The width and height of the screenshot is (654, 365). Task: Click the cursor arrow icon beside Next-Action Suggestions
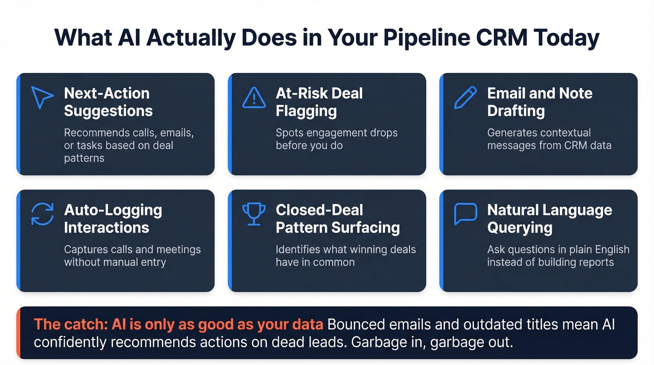coord(42,97)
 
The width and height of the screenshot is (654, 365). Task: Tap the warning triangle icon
coord(254,97)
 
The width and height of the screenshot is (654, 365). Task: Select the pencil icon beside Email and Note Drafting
coord(465,97)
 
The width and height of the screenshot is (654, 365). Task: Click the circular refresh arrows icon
coord(42,214)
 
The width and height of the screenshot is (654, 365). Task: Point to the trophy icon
coord(254,214)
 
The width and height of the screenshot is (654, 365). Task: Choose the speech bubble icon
coord(465,214)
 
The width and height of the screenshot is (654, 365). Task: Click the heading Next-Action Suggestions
coord(108,102)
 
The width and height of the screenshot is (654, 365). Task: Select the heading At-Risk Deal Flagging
coord(319,102)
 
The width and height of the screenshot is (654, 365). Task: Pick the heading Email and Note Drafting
coord(540,102)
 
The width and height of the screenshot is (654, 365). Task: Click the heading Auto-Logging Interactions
coord(113,219)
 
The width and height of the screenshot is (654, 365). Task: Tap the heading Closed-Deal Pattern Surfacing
coord(337,219)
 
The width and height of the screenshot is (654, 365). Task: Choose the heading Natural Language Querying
coord(549,219)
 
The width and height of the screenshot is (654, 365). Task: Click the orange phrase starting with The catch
coord(179,324)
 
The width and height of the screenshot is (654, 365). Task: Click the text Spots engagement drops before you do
coord(336,139)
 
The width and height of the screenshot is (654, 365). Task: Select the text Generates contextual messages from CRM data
coord(549,139)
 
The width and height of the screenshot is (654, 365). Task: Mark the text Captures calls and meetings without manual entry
coord(132,256)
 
